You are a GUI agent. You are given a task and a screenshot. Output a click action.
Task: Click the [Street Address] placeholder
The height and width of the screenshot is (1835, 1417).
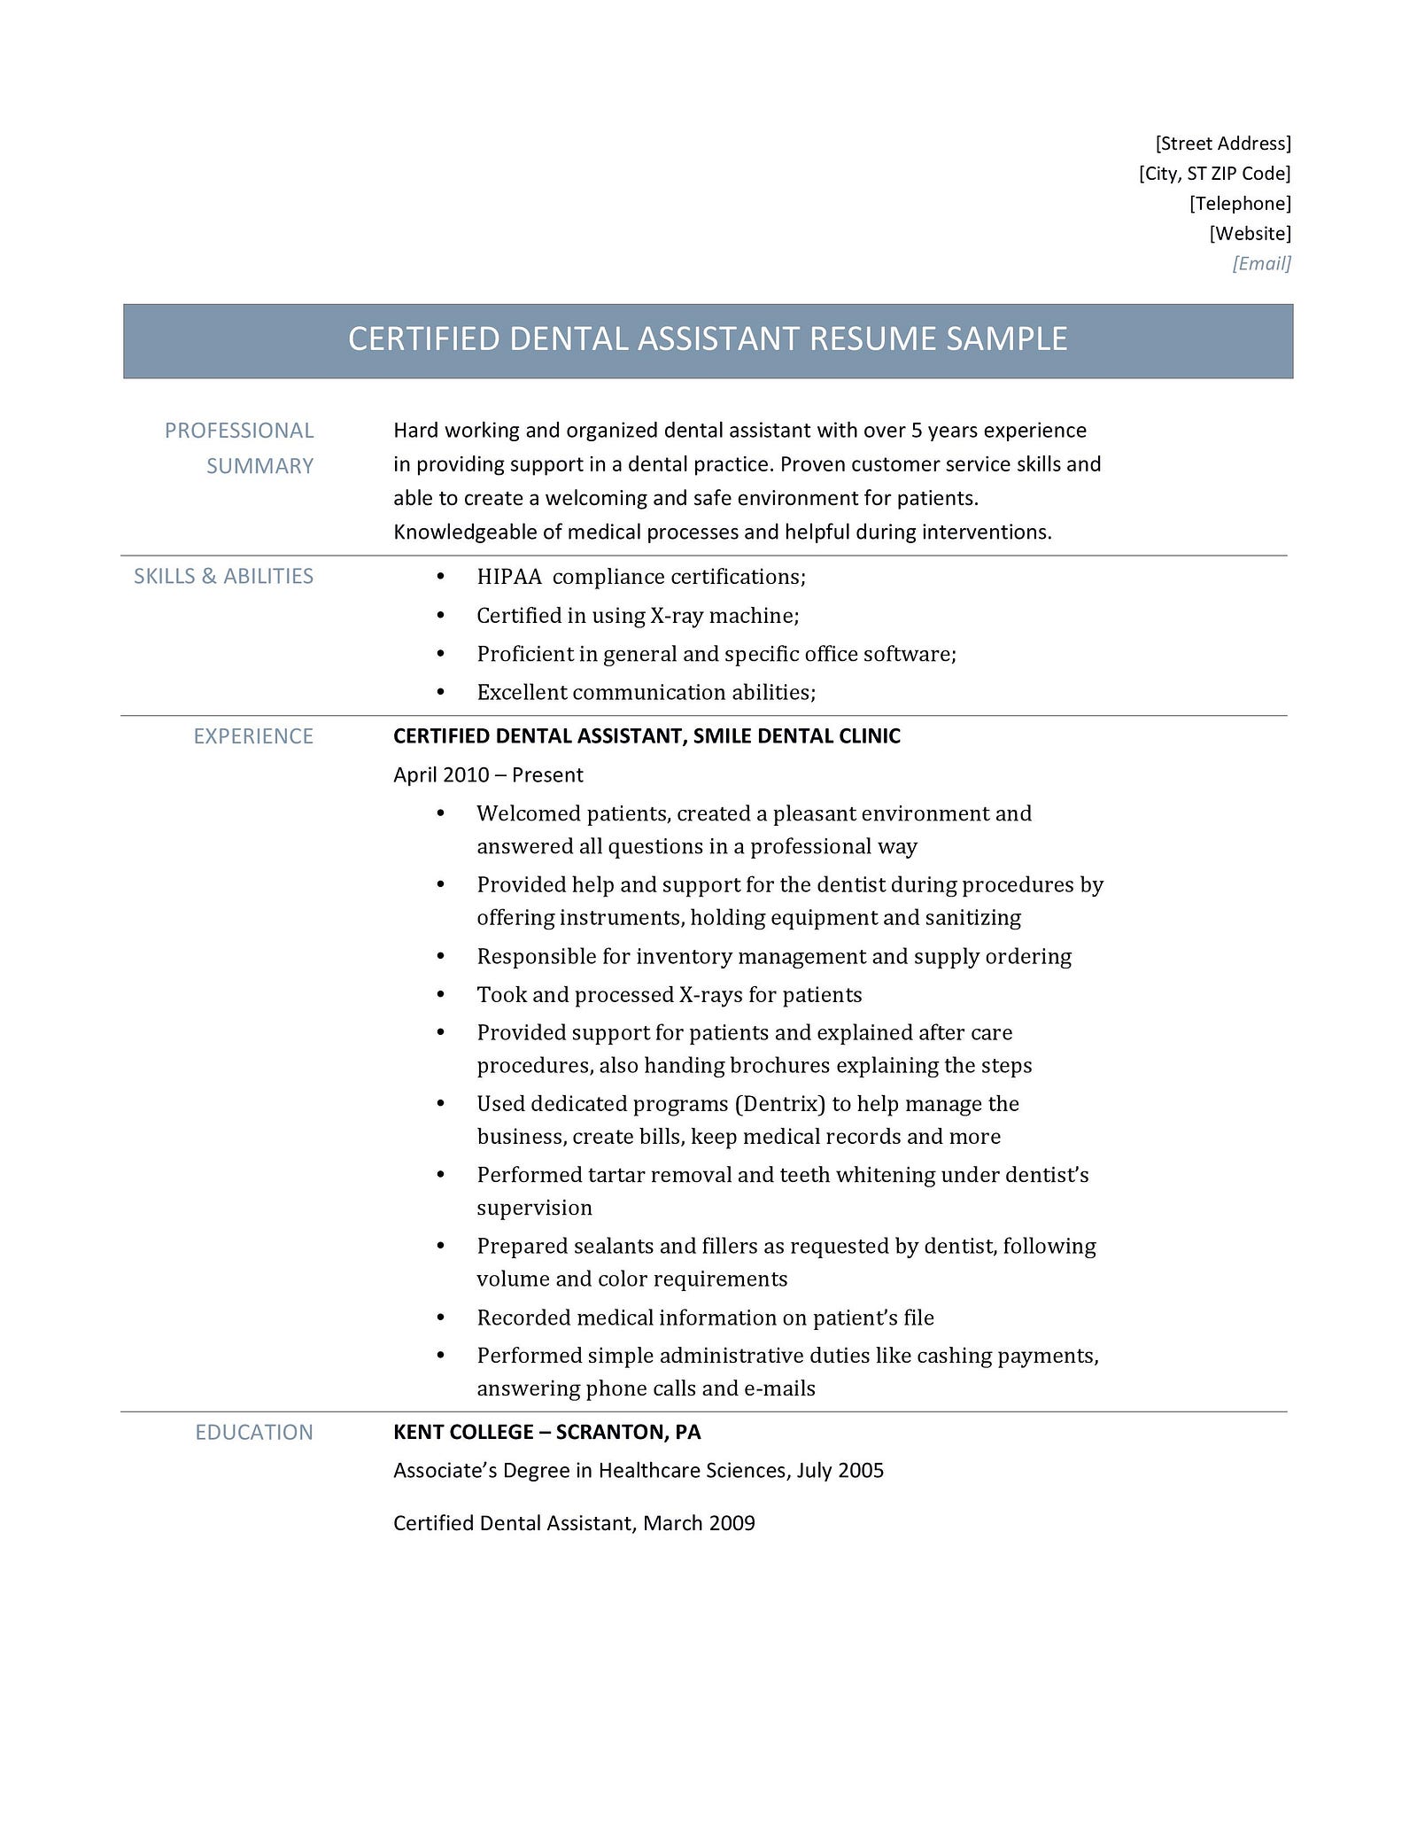click(x=1223, y=144)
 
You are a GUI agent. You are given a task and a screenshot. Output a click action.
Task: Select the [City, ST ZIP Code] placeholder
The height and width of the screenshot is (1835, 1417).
click(x=1214, y=174)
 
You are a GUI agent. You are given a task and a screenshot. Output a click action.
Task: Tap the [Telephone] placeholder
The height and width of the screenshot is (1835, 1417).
click(x=1240, y=204)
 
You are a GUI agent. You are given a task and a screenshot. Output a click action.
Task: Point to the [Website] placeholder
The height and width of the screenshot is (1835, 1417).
click(x=1250, y=234)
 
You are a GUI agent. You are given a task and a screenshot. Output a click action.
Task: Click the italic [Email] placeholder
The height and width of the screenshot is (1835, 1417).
click(x=1261, y=263)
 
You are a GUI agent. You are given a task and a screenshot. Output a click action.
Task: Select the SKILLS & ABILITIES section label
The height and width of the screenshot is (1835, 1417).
click(x=223, y=576)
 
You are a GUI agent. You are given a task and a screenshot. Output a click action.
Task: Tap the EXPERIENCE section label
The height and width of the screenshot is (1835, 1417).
click(x=253, y=736)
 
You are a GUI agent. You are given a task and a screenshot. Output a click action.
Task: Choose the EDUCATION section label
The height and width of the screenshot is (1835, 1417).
click(x=254, y=1433)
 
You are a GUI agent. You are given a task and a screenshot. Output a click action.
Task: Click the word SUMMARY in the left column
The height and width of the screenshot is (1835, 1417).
click(x=259, y=466)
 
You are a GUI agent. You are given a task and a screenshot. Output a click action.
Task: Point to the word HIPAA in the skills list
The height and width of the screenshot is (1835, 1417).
click(x=508, y=577)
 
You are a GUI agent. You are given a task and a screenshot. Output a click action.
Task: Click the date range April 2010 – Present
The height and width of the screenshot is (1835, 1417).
click(x=488, y=775)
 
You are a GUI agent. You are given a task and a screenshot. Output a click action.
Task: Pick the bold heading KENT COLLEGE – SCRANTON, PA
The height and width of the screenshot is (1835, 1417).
click(x=546, y=1433)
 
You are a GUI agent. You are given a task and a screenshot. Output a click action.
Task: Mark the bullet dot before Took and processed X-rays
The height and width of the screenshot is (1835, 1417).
click(x=441, y=995)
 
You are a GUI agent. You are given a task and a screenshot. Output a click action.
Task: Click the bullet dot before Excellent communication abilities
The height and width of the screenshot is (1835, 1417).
click(x=441, y=692)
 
